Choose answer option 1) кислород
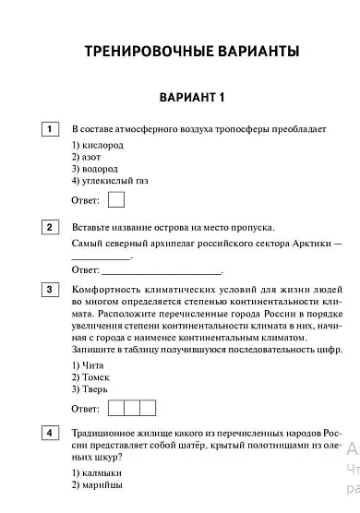click(97, 146)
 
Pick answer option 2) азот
click(88, 158)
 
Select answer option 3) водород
click(94, 170)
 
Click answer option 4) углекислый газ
click(109, 182)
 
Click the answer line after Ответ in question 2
click(162, 270)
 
